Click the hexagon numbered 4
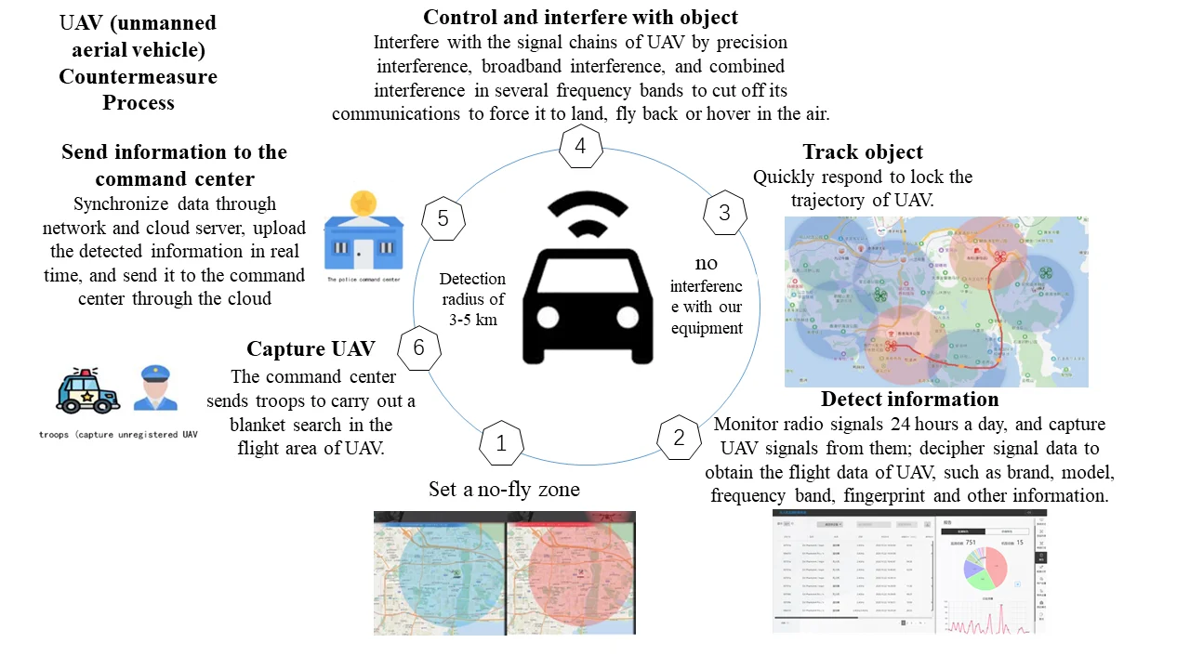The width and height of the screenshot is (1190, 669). point(580,147)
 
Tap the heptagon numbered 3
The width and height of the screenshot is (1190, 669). point(724,213)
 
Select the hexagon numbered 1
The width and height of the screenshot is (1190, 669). point(501,444)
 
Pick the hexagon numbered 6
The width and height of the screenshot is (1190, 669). point(418,348)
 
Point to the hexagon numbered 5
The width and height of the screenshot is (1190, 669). point(443,218)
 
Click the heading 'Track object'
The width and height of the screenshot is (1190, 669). point(863,152)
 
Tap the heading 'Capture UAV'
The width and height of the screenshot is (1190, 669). point(311,349)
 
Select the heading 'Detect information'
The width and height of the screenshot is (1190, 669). point(909,400)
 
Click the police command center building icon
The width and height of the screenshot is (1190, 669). point(364,231)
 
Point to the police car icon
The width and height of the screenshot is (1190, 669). point(87,391)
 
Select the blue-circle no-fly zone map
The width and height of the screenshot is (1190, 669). point(439,572)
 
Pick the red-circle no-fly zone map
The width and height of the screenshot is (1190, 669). point(571,572)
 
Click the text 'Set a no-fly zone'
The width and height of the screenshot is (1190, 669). point(504,489)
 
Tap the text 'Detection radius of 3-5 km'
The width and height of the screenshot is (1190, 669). point(472,298)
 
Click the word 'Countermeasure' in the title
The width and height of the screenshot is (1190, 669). point(139,76)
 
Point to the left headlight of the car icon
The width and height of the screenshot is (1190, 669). point(548,317)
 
